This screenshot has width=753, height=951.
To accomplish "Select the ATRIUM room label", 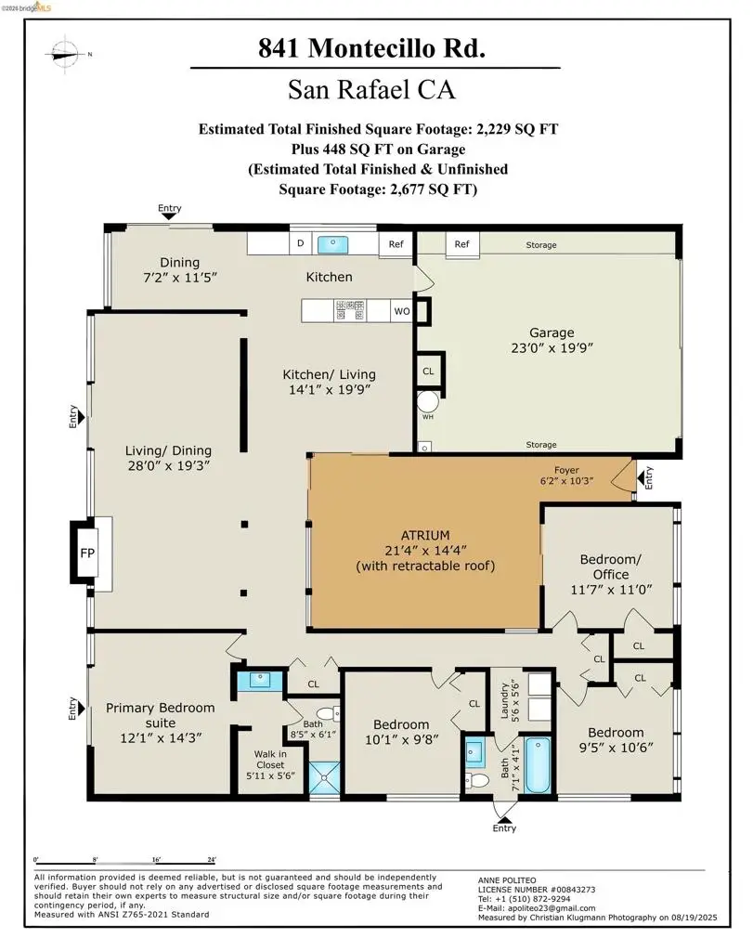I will [425, 535].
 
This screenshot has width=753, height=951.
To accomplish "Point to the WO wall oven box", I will [402, 312].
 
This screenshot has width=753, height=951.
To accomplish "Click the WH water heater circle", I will [428, 403].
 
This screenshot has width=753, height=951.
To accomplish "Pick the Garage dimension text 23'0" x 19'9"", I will [552, 348].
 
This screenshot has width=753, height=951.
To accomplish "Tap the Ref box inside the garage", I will [461, 245].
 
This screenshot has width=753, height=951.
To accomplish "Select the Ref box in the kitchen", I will [396, 245].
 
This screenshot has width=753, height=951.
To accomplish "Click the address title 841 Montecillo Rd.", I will [371, 49].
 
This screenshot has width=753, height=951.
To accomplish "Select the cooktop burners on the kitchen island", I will [349, 310].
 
